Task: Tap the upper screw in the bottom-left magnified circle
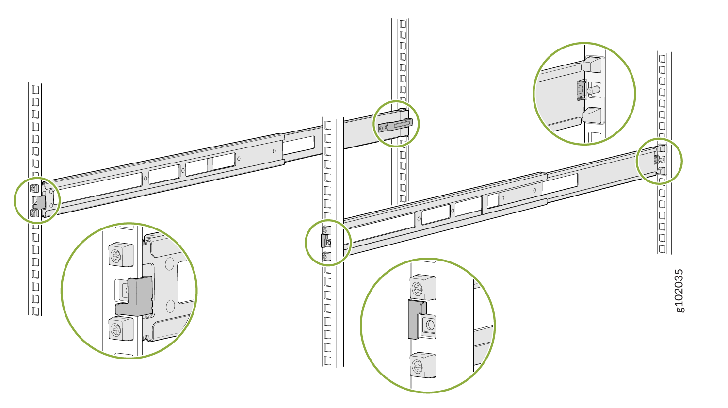tap(121, 254)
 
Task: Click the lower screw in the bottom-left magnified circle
tap(121, 328)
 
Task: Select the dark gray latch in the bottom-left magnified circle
tap(135, 296)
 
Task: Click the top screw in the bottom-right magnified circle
tap(422, 287)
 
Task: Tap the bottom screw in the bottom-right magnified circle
tap(422, 365)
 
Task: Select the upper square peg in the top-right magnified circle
tap(592, 64)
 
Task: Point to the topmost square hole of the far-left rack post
tap(35, 89)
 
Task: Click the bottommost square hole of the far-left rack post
tap(35, 311)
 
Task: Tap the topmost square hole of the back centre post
tap(403, 24)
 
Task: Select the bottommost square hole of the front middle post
tap(327, 360)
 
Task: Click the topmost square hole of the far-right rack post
tap(662, 59)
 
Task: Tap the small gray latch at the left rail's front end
tap(40, 202)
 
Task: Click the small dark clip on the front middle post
tap(324, 241)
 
